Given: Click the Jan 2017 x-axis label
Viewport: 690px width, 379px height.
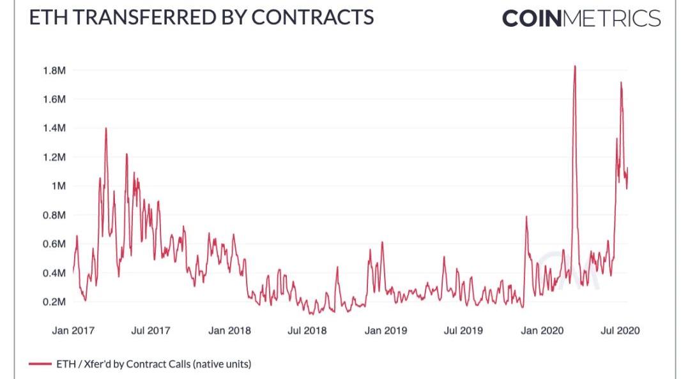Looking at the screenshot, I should click(x=73, y=331).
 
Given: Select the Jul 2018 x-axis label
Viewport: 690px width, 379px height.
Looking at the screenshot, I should click(x=307, y=331).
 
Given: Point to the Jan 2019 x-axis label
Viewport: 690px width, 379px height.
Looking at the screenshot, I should click(x=386, y=331).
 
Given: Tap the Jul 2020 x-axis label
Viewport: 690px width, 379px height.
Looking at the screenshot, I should click(x=620, y=331).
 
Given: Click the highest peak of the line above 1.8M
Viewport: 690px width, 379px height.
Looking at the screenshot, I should click(x=575, y=66).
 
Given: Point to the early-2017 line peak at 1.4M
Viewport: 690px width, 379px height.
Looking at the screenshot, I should click(x=105, y=128).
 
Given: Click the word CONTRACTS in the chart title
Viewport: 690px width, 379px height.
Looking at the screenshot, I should click(x=312, y=17).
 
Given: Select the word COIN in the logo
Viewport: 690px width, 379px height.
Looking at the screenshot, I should click(x=532, y=18).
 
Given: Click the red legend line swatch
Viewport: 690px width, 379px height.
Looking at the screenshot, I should click(x=40, y=364).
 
